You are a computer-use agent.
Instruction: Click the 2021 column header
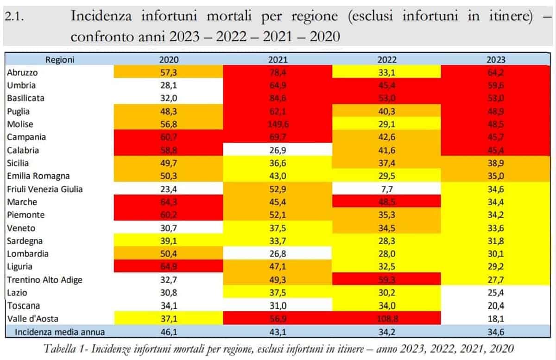(x=278, y=59)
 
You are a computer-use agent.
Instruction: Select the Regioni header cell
(x=60, y=59)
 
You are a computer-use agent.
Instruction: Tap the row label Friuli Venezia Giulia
(x=45, y=189)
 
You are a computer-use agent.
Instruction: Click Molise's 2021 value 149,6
(x=278, y=124)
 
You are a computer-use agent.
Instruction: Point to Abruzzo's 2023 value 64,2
(x=496, y=72)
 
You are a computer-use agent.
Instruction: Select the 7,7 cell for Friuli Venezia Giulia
(x=387, y=189)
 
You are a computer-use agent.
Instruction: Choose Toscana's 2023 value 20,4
(x=496, y=306)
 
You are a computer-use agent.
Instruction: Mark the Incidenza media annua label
(x=60, y=332)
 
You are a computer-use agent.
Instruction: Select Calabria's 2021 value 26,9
(x=278, y=150)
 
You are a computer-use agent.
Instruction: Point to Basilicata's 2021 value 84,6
(x=278, y=98)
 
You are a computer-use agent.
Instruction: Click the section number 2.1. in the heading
(x=18, y=17)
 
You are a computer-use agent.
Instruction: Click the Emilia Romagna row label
(x=38, y=176)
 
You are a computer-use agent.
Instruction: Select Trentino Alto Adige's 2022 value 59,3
(x=387, y=280)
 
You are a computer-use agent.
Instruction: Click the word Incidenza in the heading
(x=98, y=16)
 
